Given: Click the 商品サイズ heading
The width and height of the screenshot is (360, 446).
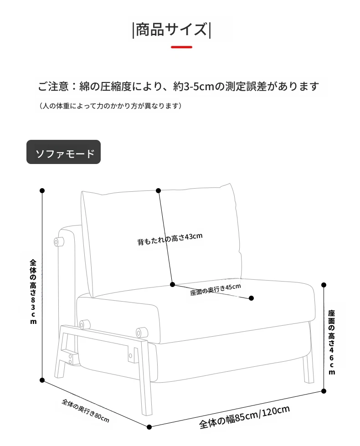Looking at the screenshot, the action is coord(172,30).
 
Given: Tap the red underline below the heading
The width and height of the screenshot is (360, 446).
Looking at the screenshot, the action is coord(181,47).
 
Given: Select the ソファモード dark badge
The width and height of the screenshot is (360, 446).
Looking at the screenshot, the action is coord(63,152).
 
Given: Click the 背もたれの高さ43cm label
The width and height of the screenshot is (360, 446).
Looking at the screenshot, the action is coord(170,239).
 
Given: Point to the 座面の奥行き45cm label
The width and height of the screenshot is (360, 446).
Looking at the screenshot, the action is coord(216,290).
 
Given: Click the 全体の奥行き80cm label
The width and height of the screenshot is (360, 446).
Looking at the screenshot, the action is coord(85,411).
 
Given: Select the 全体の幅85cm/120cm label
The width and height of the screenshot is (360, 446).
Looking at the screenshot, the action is coord(244,417).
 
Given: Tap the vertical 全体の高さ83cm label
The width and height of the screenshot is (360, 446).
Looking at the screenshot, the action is coord(33,292).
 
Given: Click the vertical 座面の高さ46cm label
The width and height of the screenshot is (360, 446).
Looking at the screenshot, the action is coord(332,342).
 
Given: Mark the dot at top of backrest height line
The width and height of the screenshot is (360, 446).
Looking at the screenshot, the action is coord(159,190).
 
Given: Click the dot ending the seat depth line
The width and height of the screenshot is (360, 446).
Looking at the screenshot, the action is coord(251,298).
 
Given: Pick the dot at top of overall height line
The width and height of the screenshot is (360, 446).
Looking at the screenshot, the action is coord(42,190).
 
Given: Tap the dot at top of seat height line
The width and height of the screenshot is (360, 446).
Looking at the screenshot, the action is coord(324,285).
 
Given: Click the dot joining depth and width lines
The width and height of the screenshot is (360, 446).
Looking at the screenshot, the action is coord(149,427).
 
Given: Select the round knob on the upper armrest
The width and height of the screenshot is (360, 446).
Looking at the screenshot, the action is coord(59,242).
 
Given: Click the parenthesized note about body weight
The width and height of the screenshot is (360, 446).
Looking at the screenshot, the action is coord(110,106).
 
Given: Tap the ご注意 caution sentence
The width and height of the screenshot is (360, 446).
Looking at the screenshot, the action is coord(179,86).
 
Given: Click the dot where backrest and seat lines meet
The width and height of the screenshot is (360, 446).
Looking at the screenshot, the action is coord(172,284).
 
